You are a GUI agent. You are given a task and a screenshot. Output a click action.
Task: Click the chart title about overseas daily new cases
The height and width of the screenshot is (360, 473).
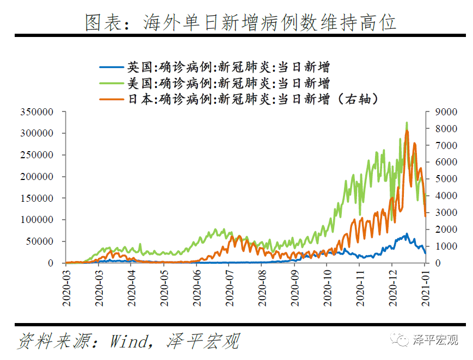240,22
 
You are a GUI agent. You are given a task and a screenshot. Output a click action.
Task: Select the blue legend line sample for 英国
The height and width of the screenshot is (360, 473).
112,67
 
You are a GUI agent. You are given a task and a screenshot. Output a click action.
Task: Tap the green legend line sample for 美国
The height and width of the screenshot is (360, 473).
112,83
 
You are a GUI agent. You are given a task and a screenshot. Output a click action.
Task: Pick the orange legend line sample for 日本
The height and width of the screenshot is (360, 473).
112,99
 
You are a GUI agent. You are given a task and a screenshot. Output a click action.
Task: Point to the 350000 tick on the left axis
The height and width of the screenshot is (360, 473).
38,112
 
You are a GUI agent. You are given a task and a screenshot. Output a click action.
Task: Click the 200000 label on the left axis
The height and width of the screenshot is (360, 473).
38,177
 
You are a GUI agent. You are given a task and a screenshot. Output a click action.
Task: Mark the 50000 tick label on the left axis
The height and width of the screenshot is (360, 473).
40,241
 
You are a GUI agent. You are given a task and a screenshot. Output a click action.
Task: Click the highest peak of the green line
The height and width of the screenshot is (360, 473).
407,123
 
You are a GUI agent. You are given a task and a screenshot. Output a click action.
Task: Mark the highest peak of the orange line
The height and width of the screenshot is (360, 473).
407,131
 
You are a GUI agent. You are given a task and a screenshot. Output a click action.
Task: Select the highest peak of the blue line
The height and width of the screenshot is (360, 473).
406,234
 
